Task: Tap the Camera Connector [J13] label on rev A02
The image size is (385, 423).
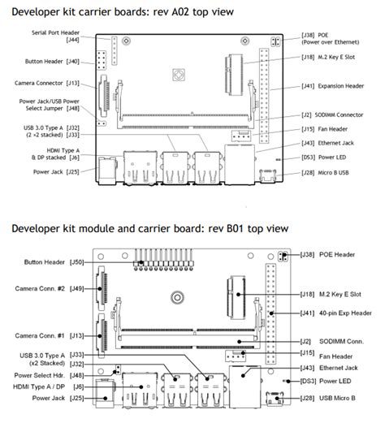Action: coord(47,83)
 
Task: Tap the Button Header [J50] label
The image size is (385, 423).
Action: coord(55,263)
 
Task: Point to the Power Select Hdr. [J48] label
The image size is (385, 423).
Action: coord(49,375)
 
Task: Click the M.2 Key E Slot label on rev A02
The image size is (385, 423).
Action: coord(331,58)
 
